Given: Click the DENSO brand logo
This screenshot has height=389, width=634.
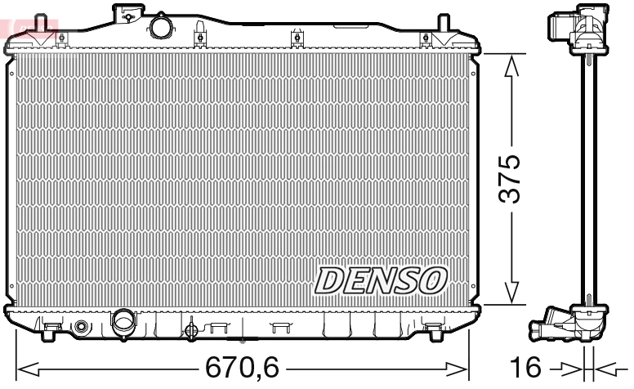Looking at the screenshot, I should (381, 279).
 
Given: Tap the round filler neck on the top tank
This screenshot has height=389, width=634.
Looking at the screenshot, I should (162, 25).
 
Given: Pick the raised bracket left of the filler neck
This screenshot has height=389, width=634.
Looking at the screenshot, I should (127, 11).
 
